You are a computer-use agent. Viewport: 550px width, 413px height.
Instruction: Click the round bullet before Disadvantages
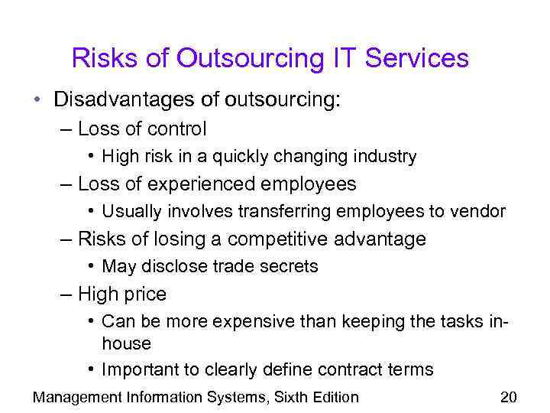click(37, 99)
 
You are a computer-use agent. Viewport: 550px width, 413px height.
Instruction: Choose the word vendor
click(478, 212)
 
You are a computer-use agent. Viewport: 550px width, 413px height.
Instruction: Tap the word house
click(126, 344)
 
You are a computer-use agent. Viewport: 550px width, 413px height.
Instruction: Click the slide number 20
click(508, 396)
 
